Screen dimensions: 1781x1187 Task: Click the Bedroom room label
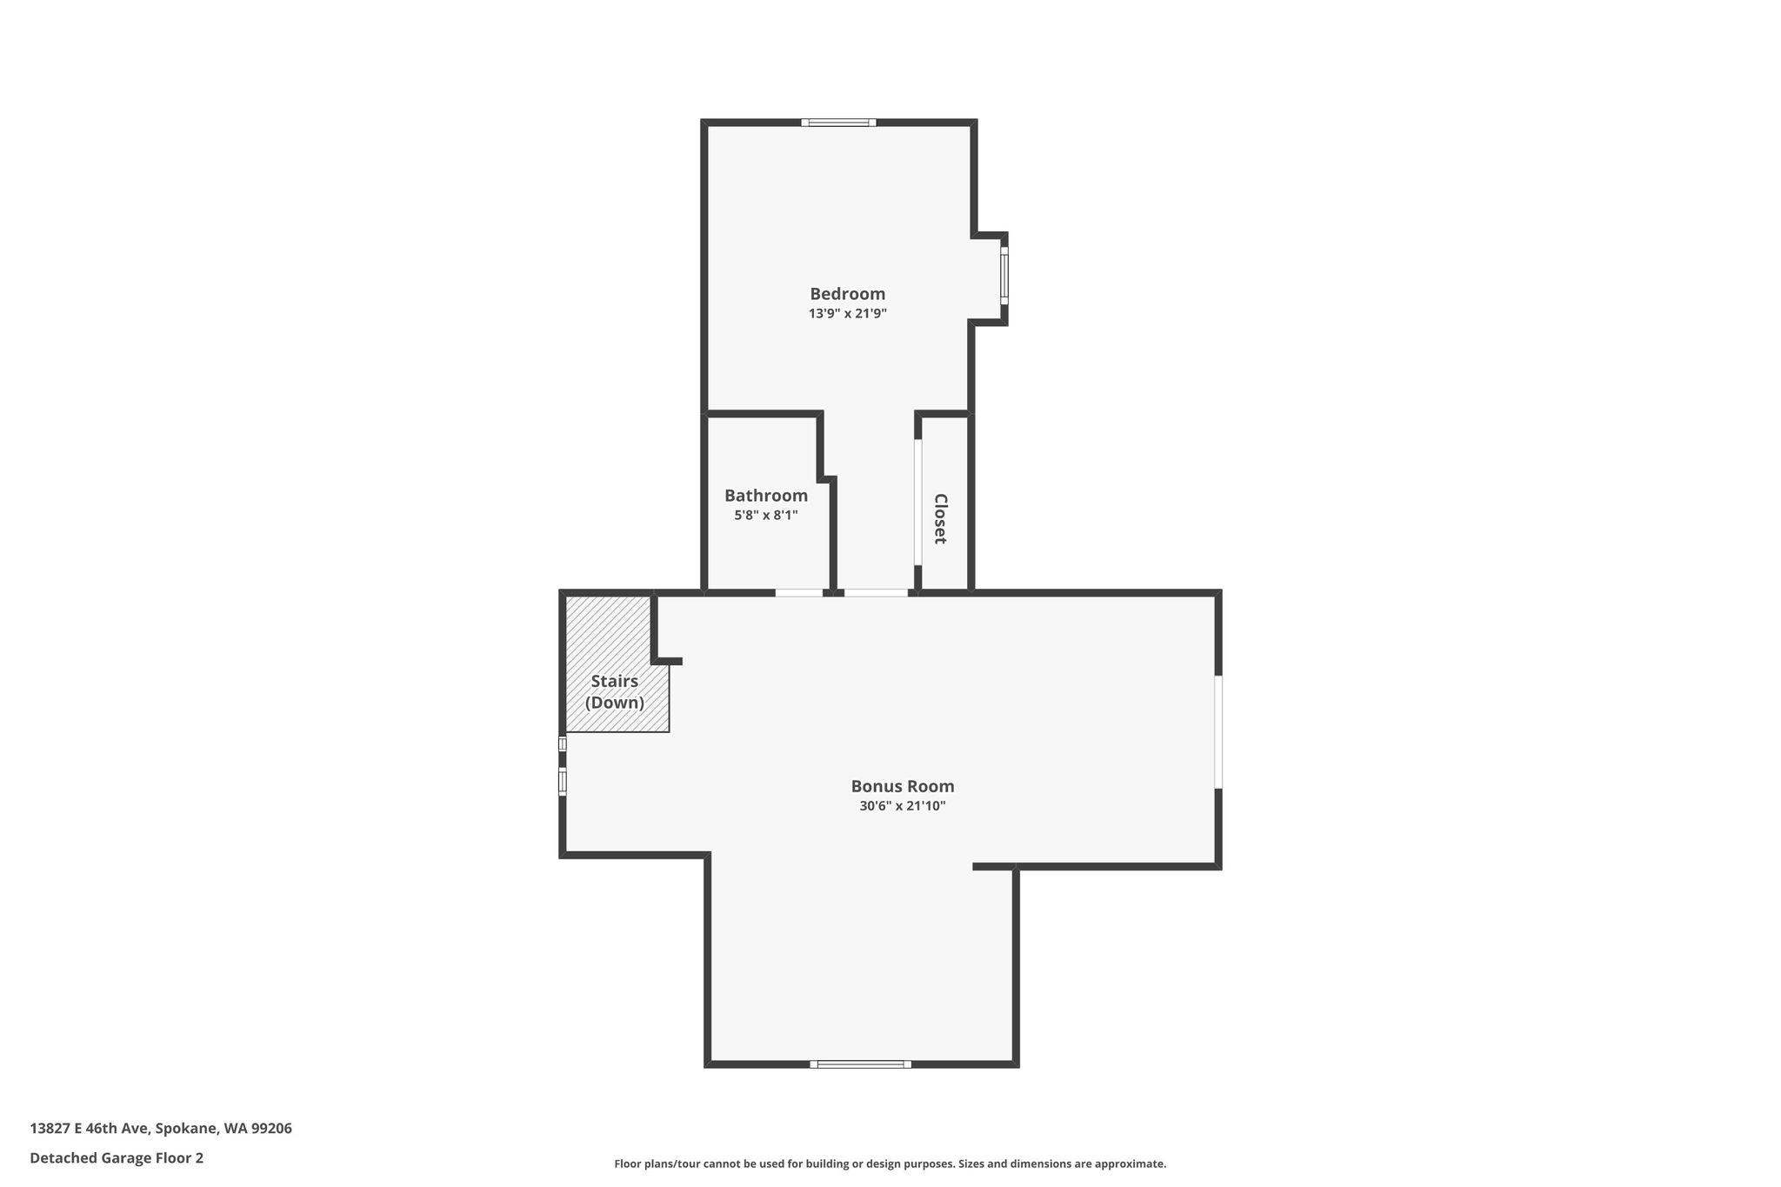(x=847, y=294)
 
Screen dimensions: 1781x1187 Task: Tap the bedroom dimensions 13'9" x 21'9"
(x=847, y=314)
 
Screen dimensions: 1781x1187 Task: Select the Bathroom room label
(x=766, y=496)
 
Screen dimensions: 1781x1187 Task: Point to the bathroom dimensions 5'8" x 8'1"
(x=766, y=515)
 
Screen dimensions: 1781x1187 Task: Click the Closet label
(x=940, y=519)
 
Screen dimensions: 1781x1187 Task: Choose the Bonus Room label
(x=903, y=786)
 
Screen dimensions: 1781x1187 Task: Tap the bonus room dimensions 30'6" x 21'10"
(x=903, y=806)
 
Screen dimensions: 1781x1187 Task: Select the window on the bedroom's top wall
(x=838, y=123)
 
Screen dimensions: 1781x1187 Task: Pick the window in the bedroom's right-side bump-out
(x=1004, y=276)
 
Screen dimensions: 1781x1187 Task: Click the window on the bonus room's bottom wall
(x=861, y=1064)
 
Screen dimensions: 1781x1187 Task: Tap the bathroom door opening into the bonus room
(x=799, y=593)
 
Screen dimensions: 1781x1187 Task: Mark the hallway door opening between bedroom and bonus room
(x=876, y=593)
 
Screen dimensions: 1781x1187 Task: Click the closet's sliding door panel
(x=917, y=503)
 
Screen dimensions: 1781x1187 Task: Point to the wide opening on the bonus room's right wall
(x=1218, y=732)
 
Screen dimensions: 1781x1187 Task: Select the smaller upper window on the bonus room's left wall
(x=563, y=744)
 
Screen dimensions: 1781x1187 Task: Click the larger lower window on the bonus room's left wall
(x=563, y=781)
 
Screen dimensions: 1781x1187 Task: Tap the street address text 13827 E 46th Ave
(x=91, y=1129)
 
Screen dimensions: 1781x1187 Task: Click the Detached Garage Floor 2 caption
(x=117, y=1158)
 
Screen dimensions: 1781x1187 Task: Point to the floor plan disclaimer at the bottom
(x=890, y=1164)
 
